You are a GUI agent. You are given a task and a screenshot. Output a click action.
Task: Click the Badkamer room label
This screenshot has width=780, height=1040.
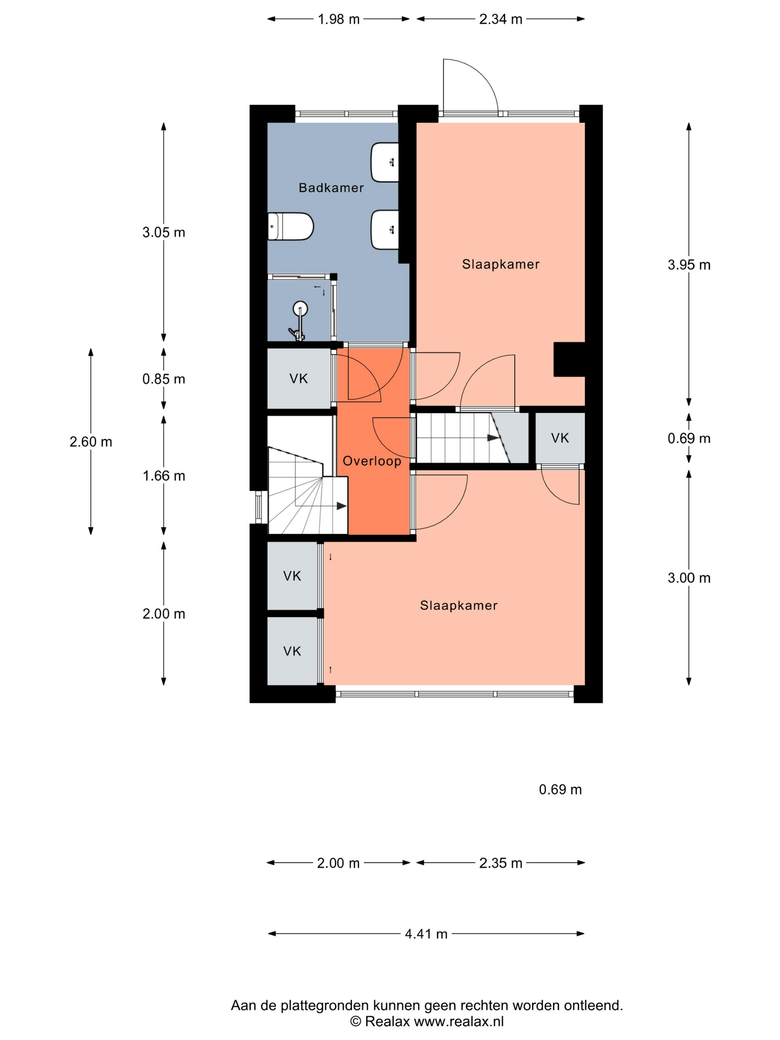pos(331,188)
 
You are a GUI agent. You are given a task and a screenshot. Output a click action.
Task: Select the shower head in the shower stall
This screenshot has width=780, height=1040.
pos(300,308)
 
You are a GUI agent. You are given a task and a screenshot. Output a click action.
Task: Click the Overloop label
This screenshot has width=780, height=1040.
pos(372,461)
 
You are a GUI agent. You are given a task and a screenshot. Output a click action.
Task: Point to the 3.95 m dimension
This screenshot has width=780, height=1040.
pos(689,265)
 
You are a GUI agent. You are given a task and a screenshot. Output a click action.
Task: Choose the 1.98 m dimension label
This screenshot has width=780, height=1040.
pos(338,19)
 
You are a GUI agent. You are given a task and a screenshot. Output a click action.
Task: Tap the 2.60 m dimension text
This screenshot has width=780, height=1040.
pos(91,442)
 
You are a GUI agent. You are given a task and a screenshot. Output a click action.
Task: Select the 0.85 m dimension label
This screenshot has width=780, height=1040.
pos(164,379)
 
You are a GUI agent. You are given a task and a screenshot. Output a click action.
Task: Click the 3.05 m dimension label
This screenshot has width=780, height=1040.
pos(164,232)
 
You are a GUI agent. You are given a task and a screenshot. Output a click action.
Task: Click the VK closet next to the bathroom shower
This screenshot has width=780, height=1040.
pos(299,378)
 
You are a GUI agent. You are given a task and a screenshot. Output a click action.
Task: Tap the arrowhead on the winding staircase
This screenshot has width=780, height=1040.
pos(341,506)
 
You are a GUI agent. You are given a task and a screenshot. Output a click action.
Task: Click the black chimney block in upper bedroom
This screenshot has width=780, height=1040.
pos(569,359)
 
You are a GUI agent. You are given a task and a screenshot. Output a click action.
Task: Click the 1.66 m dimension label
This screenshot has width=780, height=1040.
pos(164,476)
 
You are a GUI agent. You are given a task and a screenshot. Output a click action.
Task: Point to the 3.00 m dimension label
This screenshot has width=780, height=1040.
pos(689,578)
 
